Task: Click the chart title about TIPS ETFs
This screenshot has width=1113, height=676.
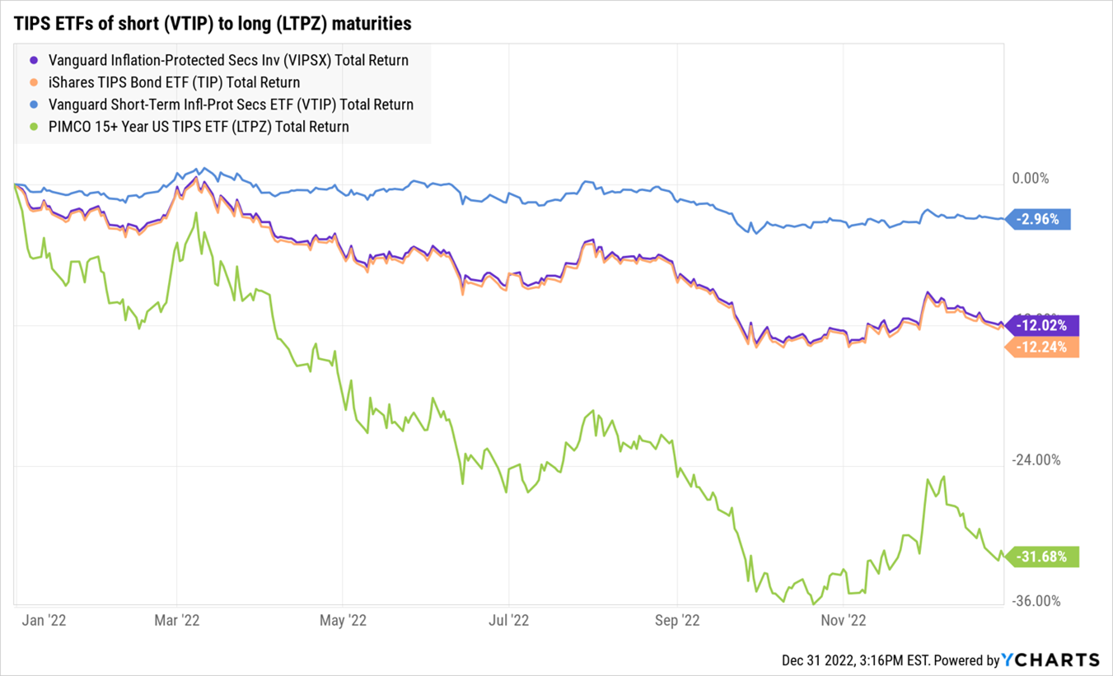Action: coord(212,24)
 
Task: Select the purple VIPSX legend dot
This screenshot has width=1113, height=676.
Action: coord(34,60)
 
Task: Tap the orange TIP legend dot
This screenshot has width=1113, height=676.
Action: coord(34,82)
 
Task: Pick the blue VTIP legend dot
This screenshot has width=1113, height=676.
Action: coord(34,105)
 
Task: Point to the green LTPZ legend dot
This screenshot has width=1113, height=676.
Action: coord(34,127)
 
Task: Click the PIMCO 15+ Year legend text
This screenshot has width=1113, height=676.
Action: coord(199,127)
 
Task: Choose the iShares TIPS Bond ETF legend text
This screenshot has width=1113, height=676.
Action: coord(174,82)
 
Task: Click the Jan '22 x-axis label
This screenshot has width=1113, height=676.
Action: coord(44,620)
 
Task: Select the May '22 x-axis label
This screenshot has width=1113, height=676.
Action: coord(343,620)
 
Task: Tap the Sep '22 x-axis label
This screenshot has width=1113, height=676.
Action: coord(676,620)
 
